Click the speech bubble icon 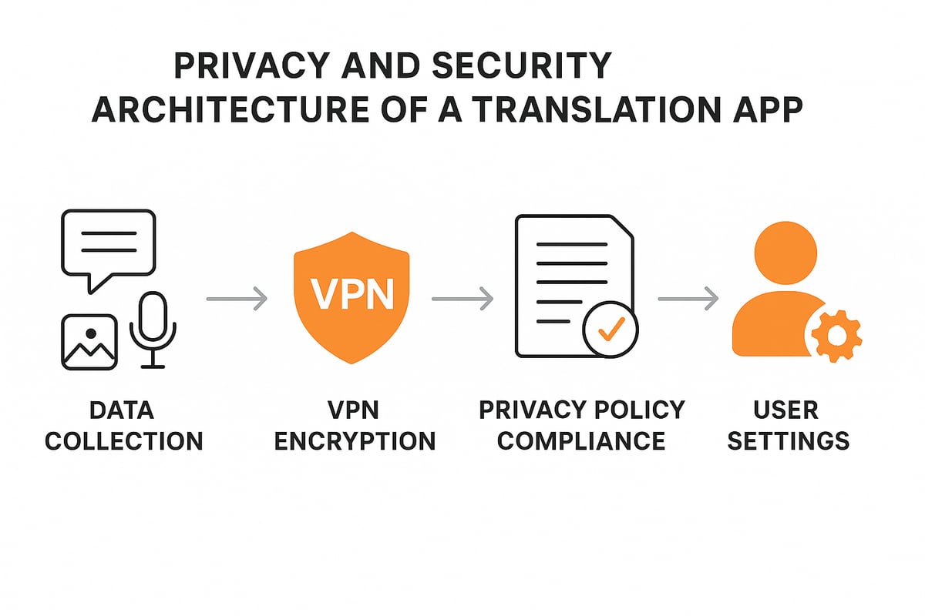109,245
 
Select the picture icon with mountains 89,342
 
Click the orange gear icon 834,336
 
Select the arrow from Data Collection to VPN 237,298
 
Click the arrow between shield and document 462,298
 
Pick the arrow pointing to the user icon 688,298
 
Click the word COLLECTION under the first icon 124,441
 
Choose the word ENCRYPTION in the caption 355,441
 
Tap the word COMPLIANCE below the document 582,441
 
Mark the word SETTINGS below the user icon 788,441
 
